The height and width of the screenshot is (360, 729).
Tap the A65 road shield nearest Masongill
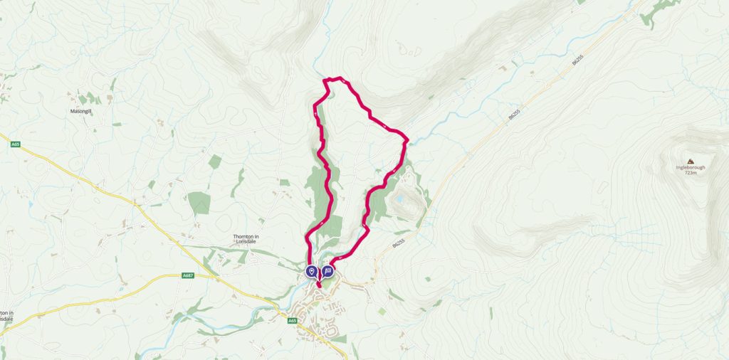16,144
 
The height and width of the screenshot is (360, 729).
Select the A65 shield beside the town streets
292,321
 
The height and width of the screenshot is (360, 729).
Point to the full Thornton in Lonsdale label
249,240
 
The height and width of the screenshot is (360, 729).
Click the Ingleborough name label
690,168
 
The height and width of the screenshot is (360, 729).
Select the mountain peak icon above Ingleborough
690,161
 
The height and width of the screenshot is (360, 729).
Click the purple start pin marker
312,271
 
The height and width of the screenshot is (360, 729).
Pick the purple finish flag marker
327,271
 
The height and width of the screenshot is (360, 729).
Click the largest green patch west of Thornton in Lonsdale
200,203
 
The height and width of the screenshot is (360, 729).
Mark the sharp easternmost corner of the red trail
407,139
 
